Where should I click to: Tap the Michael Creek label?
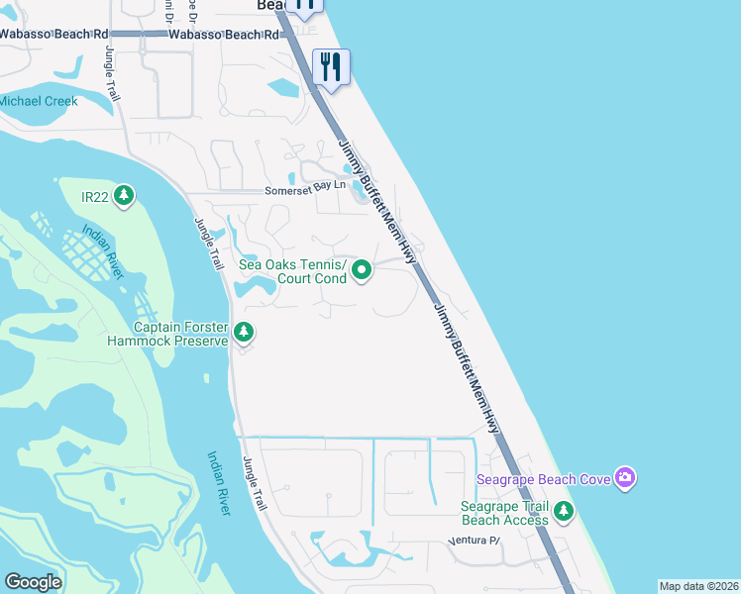(38, 102)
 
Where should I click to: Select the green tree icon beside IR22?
(124, 196)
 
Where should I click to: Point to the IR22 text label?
(95, 197)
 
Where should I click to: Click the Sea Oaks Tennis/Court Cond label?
(293, 270)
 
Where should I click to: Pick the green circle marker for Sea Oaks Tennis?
(363, 269)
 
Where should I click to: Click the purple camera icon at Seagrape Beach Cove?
(625, 479)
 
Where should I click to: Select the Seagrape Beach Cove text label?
(542, 479)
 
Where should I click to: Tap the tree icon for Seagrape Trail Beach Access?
(564, 511)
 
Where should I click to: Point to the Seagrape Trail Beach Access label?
(505, 513)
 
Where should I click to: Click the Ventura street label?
(476, 541)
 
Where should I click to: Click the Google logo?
(33, 582)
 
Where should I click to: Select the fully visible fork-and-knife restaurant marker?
(330, 67)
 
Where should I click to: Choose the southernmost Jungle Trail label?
(256, 483)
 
